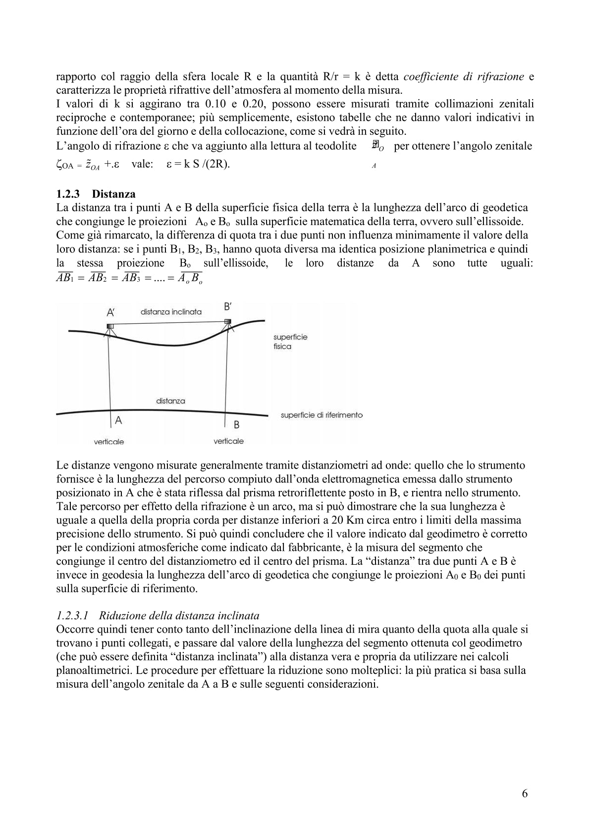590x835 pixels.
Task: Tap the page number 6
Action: pyautogui.click(x=525, y=793)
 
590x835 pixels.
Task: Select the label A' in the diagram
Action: pyautogui.click(x=111, y=312)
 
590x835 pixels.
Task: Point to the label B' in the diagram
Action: pyautogui.click(x=228, y=307)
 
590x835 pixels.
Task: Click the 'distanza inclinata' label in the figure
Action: pyautogui.click(x=171, y=312)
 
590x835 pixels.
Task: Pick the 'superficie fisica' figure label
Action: pyautogui.click(x=290, y=342)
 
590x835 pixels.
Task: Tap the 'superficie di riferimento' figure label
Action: pyautogui.click(x=322, y=415)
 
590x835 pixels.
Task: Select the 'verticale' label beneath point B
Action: pyautogui.click(x=228, y=441)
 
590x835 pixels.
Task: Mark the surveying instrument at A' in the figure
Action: pyautogui.click(x=110, y=327)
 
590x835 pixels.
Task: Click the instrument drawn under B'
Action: pyautogui.click(x=228, y=322)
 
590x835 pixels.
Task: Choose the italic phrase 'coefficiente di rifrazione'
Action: pyautogui.click(x=464, y=77)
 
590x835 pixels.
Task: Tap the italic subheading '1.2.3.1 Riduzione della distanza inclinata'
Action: pyautogui.click(x=158, y=616)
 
